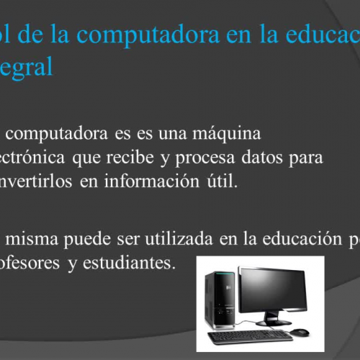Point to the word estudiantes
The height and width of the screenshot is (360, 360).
132,263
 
